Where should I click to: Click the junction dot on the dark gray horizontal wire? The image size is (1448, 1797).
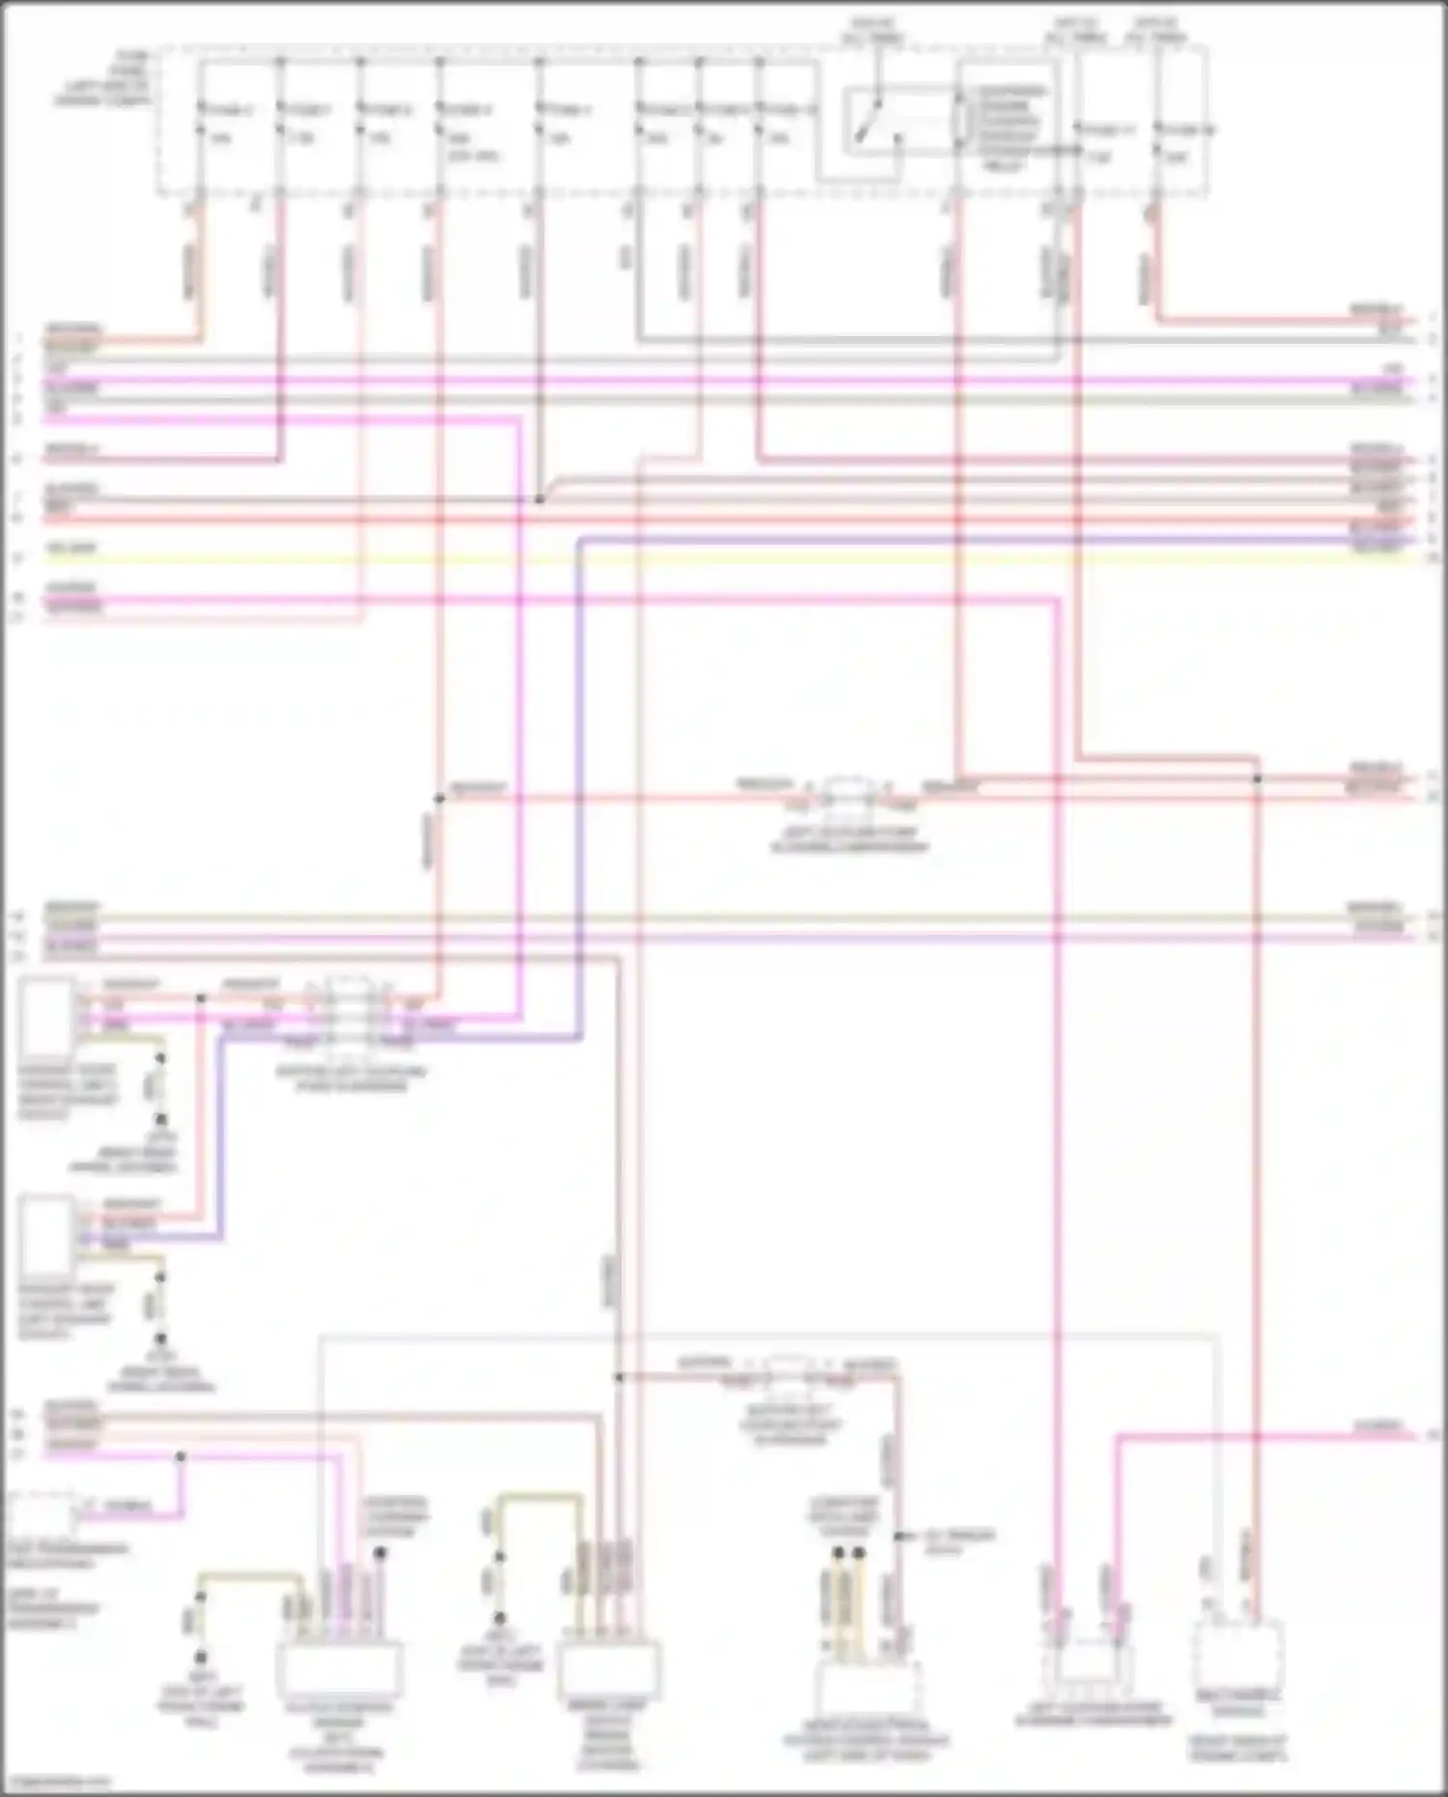click(x=540, y=499)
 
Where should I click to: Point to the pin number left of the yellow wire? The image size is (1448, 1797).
click(x=17, y=558)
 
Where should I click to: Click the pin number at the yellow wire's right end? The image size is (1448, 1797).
click(x=1434, y=558)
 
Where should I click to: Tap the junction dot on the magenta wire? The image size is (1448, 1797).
click(x=181, y=1456)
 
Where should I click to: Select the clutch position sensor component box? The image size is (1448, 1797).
click(x=340, y=1671)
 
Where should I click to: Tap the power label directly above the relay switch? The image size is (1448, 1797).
click(x=872, y=30)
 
